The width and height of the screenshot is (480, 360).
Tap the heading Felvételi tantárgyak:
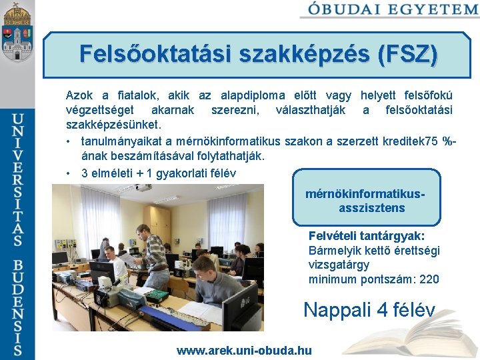(x=367, y=236)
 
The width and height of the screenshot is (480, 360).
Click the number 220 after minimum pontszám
(x=427, y=279)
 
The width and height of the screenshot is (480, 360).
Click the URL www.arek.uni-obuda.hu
(x=244, y=350)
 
